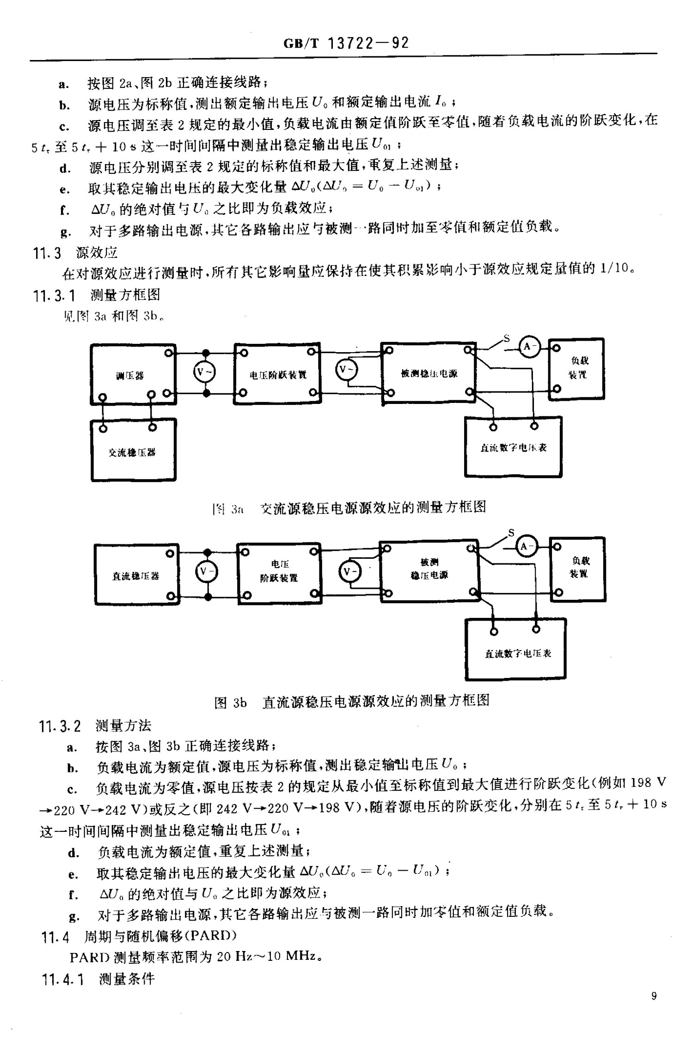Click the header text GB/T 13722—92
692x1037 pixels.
pos(345,43)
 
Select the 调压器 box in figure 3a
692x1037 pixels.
pos(133,374)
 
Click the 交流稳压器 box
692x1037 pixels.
pos(133,450)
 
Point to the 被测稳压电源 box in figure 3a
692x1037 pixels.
pos(428,372)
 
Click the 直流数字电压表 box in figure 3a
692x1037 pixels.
pos(513,447)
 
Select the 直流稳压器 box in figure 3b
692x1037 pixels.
pos(136,574)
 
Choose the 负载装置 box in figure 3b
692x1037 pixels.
pos(578,568)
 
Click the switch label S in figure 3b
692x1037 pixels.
pos(511,532)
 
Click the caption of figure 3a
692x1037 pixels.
pos(349,508)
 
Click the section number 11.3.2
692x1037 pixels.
pos(60,726)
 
